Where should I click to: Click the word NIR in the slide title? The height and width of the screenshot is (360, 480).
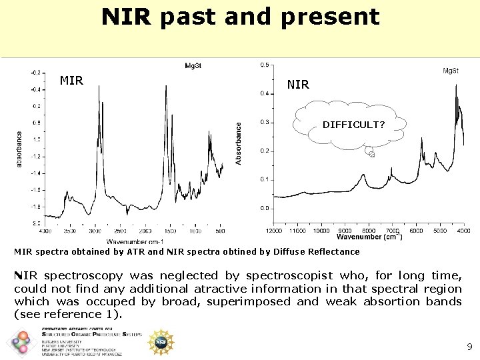[127, 17]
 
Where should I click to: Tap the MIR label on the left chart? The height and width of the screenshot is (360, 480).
[71, 81]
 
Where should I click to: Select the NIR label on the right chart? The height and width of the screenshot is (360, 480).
[298, 85]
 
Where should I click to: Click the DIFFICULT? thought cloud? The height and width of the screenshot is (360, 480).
[353, 125]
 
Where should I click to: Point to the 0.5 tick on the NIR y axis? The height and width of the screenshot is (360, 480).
[265, 65]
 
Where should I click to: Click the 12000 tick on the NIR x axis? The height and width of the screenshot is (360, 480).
[274, 231]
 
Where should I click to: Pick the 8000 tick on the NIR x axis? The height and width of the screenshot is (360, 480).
[369, 231]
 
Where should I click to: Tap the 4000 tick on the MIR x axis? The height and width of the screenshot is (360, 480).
[45, 231]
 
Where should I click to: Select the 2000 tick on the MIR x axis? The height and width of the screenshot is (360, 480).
[145, 231]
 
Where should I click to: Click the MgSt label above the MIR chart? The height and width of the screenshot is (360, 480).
[194, 65]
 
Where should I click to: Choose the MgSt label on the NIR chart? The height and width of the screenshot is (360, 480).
[451, 71]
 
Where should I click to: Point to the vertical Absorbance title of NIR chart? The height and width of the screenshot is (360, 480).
[239, 143]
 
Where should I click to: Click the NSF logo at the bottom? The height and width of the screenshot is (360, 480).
[160, 342]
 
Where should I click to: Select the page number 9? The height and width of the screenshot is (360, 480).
[469, 347]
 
